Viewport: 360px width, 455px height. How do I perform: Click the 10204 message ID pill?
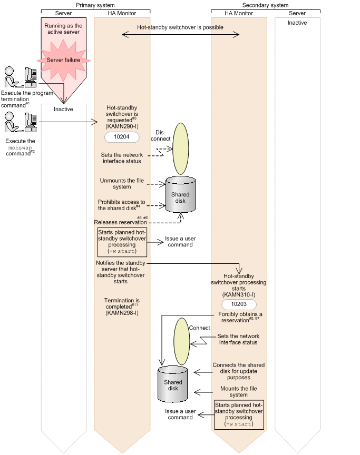click(x=122, y=138)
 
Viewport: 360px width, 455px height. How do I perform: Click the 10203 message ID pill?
click(x=239, y=305)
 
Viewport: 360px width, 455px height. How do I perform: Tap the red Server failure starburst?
click(x=63, y=60)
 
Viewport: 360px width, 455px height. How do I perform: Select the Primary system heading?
click(x=95, y=4)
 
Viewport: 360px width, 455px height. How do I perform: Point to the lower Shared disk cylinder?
click(x=173, y=384)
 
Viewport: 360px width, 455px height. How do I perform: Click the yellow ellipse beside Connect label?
click(x=182, y=341)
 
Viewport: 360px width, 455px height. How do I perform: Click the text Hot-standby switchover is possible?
click(x=180, y=27)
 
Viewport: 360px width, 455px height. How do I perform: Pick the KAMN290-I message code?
click(x=122, y=127)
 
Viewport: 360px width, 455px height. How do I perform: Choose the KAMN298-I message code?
click(x=122, y=313)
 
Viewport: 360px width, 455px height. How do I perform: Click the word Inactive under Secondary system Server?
click(x=297, y=23)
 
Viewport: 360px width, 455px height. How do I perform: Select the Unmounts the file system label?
click(x=122, y=184)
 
